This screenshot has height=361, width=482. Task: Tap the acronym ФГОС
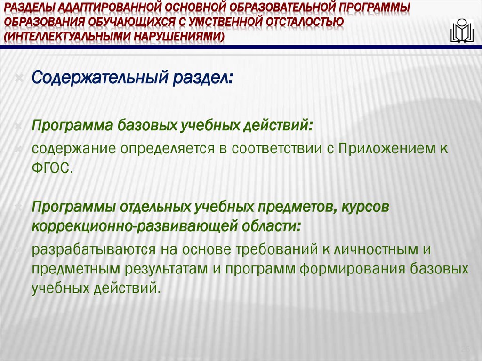pos(52,168)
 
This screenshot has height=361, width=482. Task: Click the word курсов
pos(366,207)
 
